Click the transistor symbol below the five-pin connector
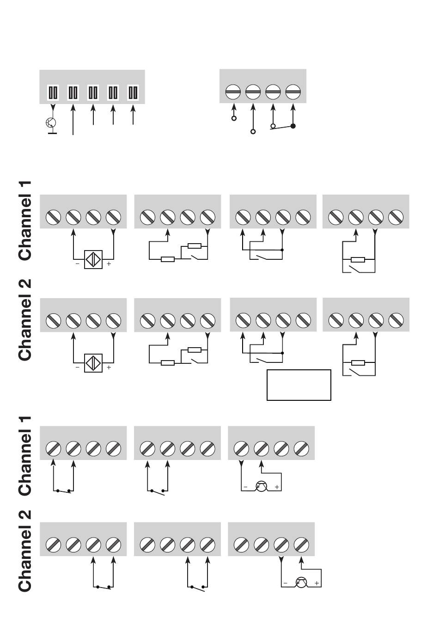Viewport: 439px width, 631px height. coord(51,123)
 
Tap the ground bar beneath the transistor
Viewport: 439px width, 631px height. coord(52,134)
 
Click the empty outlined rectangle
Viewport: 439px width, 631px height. coord(299,385)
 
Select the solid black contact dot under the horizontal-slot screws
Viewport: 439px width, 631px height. coord(293,126)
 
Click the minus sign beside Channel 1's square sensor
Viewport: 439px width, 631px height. coord(78,264)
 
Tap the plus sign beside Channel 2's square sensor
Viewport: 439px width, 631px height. coord(109,368)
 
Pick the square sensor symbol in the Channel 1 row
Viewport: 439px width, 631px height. coord(93,259)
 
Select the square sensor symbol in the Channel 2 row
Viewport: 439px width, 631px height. coord(93,363)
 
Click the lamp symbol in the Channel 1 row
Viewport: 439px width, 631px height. coord(261,487)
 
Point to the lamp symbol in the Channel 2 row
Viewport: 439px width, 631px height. coord(301,583)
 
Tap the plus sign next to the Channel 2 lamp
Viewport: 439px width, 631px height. coord(317,583)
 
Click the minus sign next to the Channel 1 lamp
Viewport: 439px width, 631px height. coord(246,487)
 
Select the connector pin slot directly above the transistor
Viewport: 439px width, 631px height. coord(53,92)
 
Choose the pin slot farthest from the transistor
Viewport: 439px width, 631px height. coord(133,92)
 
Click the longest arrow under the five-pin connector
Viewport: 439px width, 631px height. coord(73,120)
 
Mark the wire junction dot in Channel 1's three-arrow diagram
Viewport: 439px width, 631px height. coord(282,250)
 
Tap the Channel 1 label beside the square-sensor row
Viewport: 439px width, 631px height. coord(25,221)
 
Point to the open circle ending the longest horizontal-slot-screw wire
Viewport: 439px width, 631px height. coord(253,132)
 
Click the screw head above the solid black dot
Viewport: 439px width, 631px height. coord(293,92)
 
